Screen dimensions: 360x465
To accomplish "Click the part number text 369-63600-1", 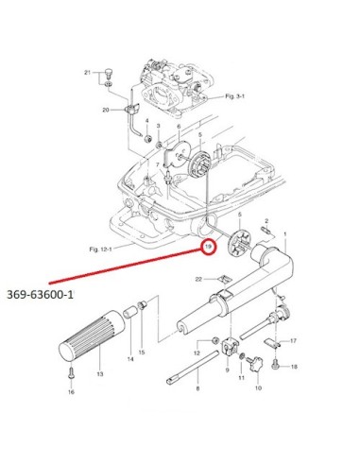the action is tap(41, 295).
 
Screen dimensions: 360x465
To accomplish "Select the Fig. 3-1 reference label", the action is tap(235, 96).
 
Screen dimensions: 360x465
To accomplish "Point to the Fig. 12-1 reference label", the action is tap(100, 250).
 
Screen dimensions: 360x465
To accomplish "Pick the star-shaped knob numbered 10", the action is tap(255, 364).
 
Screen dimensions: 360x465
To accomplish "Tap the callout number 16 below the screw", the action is tap(71, 392).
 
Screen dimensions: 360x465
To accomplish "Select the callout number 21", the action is tap(87, 73).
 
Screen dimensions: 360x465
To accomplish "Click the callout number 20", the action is tap(106, 110).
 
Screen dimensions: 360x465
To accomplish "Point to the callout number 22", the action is tap(198, 279).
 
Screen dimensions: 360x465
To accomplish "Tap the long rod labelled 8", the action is tap(192, 367).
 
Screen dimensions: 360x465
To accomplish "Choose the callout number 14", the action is tap(130, 359).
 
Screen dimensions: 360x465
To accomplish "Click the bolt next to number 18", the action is tap(275, 365).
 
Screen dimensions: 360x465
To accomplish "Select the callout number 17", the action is tap(293, 340).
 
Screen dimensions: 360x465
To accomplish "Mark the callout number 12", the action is tap(197, 353).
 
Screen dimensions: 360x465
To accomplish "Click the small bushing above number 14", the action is tap(130, 313).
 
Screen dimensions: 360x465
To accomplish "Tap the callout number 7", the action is tap(158, 164).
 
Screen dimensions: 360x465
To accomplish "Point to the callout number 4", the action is tap(146, 121).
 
